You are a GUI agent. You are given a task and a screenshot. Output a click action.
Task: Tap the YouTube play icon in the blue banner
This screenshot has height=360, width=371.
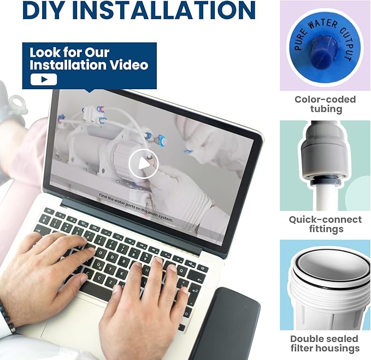click(44, 79)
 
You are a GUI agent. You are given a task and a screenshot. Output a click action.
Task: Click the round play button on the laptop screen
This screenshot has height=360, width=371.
click(143, 163)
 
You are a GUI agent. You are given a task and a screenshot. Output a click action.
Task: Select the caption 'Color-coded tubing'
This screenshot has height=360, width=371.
click(325, 104)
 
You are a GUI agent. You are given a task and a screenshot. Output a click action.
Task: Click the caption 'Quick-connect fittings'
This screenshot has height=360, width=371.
click(325, 224)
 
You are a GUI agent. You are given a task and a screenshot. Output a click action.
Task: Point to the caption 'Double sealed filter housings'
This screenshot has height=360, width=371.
click(325, 344)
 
